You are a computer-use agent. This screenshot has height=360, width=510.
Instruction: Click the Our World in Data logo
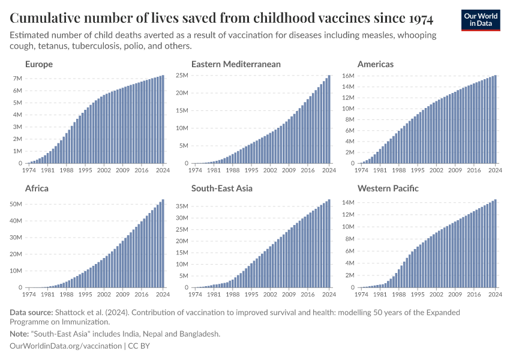pos(480,20)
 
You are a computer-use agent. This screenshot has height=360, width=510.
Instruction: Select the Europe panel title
pos(39,64)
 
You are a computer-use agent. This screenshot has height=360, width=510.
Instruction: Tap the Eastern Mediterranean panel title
pos(236,64)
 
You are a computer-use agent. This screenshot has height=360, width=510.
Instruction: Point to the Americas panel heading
pos(376,64)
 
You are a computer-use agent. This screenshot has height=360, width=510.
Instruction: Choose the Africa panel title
pos(37,188)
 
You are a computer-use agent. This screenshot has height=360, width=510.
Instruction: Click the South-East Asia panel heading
pos(222,188)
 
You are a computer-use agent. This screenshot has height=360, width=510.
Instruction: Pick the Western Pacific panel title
pos(388,188)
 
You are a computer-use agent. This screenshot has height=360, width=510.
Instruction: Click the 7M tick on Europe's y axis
pos(17,79)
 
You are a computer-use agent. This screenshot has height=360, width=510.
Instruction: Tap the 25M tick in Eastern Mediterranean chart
pos(182,75)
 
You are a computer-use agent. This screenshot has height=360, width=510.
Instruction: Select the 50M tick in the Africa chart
pos(16,205)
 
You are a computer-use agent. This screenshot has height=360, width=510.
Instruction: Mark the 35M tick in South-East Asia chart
pos(182,207)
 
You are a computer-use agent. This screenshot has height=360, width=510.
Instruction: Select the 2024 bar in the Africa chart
pos(163,244)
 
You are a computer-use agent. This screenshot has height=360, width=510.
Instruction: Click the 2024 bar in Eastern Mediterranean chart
pos(329,119)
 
